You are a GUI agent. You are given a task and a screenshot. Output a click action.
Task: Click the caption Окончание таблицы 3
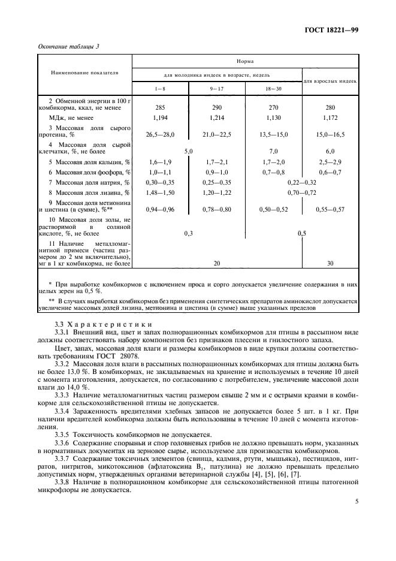click(x=69, y=47)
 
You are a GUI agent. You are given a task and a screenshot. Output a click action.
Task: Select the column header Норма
click(x=246, y=61)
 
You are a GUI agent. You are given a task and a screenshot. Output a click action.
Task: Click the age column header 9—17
click(x=216, y=88)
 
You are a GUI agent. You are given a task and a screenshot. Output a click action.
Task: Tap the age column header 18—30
click(x=273, y=88)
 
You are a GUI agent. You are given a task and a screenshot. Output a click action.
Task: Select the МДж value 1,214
click(x=216, y=119)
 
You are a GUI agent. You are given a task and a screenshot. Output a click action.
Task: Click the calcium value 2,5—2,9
click(x=330, y=162)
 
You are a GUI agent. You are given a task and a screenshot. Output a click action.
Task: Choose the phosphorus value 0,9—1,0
click(x=216, y=172)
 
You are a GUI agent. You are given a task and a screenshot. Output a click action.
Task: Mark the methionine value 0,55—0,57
click(x=330, y=210)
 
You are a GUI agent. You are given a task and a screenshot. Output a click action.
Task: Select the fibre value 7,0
click(x=273, y=151)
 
